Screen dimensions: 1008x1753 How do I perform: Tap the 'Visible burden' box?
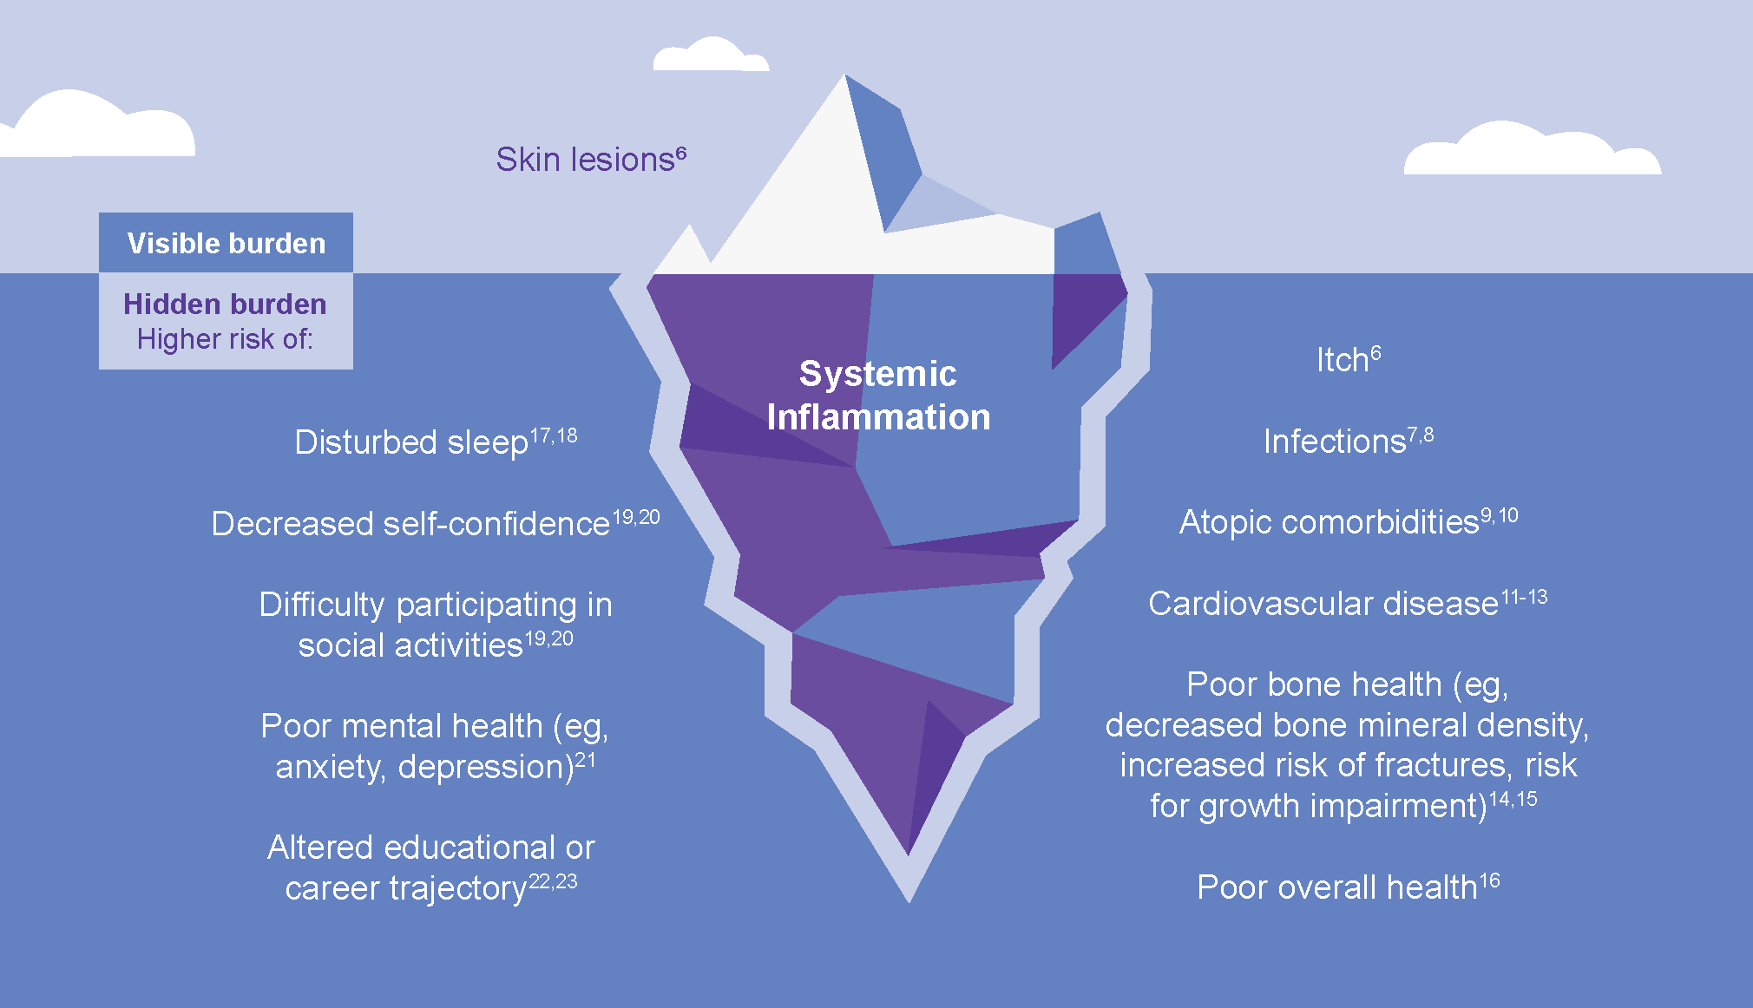coord(226,243)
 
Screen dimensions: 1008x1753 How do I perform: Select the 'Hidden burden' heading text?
coord(225,304)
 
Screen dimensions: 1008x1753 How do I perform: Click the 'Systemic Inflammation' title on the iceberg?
coord(878,396)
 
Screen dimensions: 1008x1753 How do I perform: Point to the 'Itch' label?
coord(1342,360)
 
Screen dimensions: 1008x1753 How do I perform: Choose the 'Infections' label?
coord(1334,442)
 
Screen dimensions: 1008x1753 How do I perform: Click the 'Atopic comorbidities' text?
coord(1329,522)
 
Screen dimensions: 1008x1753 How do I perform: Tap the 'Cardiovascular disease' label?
coord(1323,604)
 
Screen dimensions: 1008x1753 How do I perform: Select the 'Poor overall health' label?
coord(1336,887)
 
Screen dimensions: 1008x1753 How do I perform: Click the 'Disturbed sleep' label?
coord(410,442)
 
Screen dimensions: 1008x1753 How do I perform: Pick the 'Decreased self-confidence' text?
coord(410,524)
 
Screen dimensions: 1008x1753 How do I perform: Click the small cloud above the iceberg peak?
coord(710,56)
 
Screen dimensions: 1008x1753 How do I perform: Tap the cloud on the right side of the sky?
coord(1532,152)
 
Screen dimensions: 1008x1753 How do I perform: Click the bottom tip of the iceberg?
coord(909,893)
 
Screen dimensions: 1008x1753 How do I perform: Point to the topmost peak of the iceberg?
coord(845,80)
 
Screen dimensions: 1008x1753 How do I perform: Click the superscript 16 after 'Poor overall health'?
coord(1489,881)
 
